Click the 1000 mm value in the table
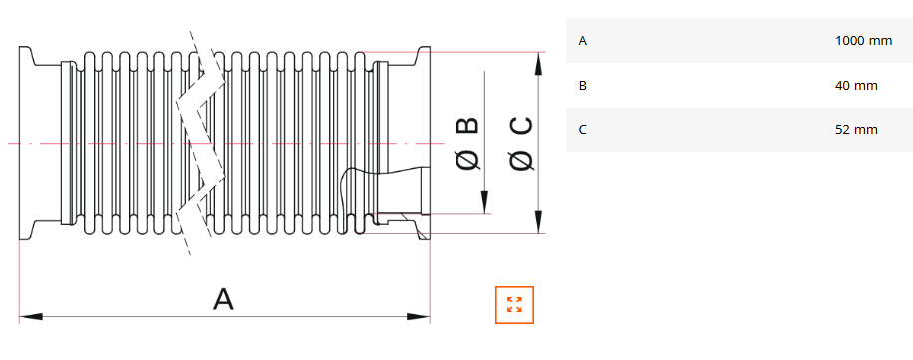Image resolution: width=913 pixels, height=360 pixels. point(863,41)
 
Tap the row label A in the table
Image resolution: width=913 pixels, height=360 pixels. point(583,41)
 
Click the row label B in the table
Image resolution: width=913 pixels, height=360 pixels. point(583,86)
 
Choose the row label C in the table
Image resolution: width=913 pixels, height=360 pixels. point(583,130)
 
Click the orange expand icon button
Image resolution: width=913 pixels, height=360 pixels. point(514,305)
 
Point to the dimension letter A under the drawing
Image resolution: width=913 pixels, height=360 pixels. point(223,299)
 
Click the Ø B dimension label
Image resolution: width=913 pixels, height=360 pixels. point(468,143)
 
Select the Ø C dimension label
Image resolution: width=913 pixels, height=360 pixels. point(520,144)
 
